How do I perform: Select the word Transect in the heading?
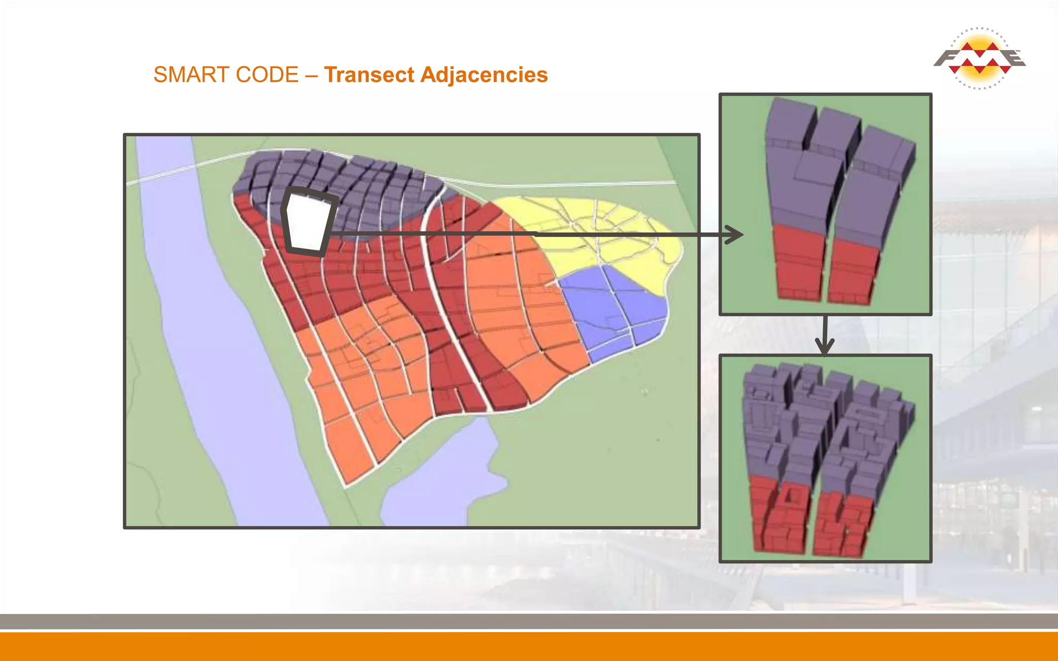pyautogui.click(x=369, y=75)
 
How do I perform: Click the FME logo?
pyautogui.click(x=979, y=58)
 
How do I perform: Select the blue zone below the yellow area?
pyautogui.click(x=610, y=310)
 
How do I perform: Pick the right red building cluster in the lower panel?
pyautogui.click(x=842, y=524)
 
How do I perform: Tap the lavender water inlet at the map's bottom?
pyautogui.click(x=439, y=480)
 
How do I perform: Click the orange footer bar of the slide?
pyautogui.click(x=529, y=647)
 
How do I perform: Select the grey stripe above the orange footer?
pyautogui.click(x=529, y=621)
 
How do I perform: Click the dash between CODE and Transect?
pyautogui.click(x=311, y=75)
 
